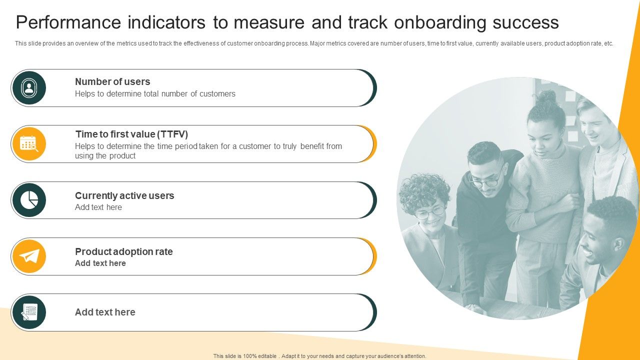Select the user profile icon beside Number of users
(29, 88)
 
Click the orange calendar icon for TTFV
(29, 144)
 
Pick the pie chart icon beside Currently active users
(29, 200)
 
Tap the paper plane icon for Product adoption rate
(29, 256)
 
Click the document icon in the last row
(29, 312)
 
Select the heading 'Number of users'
(112, 81)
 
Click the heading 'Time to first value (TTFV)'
(131, 134)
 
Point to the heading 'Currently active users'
(124, 195)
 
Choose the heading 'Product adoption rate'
(123, 251)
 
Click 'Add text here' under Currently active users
(98, 207)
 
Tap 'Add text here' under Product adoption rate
(100, 263)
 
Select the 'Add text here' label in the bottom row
(105, 312)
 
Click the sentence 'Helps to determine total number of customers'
(155, 93)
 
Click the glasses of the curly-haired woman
(429, 212)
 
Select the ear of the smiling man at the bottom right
(618, 244)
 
